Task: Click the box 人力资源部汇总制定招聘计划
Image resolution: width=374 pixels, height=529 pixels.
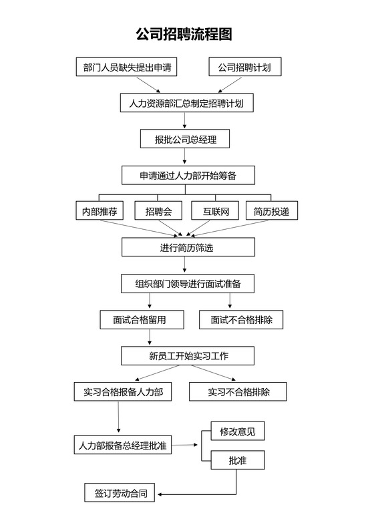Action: click(x=188, y=104)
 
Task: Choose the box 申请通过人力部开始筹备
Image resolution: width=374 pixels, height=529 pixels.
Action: click(x=188, y=175)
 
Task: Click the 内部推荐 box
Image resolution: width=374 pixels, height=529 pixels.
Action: click(x=100, y=211)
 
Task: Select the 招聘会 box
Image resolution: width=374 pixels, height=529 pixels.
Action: click(x=158, y=211)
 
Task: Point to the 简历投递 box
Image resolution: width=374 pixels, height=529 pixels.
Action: click(x=271, y=211)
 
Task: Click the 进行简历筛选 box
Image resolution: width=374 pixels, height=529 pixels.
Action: click(x=188, y=247)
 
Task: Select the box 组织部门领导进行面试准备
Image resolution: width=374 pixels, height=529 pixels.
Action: click(x=188, y=283)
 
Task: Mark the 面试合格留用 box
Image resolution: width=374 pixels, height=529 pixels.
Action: click(x=142, y=319)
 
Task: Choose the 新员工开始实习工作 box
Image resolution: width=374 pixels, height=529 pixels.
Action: click(x=188, y=355)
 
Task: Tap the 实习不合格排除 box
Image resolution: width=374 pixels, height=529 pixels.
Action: click(x=238, y=391)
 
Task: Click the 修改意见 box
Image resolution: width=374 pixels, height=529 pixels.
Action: click(x=237, y=431)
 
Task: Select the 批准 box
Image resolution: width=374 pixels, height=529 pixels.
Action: click(x=237, y=460)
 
